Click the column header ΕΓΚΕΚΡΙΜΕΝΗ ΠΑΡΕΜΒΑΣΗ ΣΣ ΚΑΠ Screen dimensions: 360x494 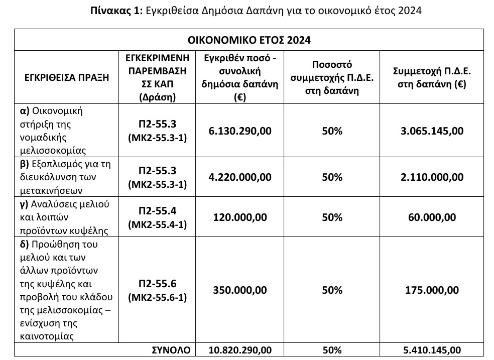(x=157, y=77)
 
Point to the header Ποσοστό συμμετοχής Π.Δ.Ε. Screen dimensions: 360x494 (x=331, y=77)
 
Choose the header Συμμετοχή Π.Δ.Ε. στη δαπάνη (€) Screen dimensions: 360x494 (x=432, y=77)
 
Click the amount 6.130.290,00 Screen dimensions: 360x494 (x=240, y=131)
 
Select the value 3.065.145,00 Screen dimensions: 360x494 (x=432, y=131)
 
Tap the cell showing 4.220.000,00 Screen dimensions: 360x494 (x=240, y=177)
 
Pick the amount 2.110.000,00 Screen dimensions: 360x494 (x=432, y=177)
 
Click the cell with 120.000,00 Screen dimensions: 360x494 (x=240, y=217)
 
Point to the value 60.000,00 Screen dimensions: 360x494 (x=432, y=217)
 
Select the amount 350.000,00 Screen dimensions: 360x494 (x=240, y=290)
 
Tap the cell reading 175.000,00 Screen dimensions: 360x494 (x=432, y=290)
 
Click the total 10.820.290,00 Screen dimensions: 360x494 (x=240, y=350)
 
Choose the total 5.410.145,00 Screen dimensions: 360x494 (x=432, y=350)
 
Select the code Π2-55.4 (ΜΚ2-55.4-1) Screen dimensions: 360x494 (x=157, y=217)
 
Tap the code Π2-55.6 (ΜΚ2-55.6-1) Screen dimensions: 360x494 (x=157, y=290)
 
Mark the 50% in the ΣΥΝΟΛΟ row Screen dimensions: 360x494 (x=331, y=350)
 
